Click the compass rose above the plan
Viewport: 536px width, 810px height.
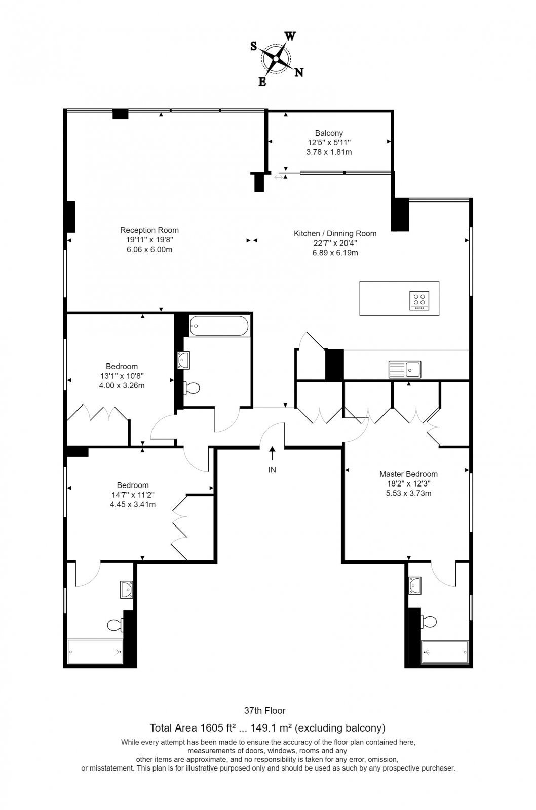coord(276,59)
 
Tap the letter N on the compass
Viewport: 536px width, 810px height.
coord(298,73)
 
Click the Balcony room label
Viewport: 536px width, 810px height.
coord(329,133)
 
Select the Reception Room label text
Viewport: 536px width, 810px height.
coord(149,230)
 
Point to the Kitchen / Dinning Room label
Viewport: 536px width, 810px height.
coord(335,233)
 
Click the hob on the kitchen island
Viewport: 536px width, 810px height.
coord(419,301)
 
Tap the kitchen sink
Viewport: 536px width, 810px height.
coord(405,369)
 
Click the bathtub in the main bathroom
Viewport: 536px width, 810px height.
coord(219,326)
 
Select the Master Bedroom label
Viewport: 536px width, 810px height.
coord(408,474)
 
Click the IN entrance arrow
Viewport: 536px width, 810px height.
coord(272,453)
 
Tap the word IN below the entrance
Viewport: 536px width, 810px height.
coord(272,470)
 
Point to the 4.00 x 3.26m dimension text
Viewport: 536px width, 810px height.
coord(122,385)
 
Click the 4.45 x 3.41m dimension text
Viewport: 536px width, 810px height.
coord(133,504)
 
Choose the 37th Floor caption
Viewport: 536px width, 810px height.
coord(265,711)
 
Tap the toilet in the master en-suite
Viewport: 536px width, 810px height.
coord(429,622)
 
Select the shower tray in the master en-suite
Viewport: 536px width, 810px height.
coord(445,652)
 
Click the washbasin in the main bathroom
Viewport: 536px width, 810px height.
coord(183,360)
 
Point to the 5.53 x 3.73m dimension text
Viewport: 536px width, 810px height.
coord(408,493)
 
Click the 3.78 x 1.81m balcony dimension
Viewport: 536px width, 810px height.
coord(329,152)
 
